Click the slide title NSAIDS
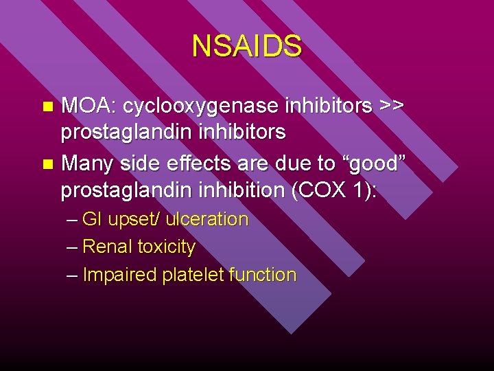pyautogui.click(x=246, y=46)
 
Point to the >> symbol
pyautogui.click(x=392, y=106)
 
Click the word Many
pyautogui.click(x=87, y=164)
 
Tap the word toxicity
pyautogui.click(x=166, y=247)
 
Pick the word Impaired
pyautogui.click(x=119, y=275)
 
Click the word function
pyautogui.click(x=262, y=275)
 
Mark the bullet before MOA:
pyautogui.click(x=47, y=107)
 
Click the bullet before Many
pyautogui.click(x=47, y=165)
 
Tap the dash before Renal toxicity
pyautogui.click(x=73, y=247)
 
